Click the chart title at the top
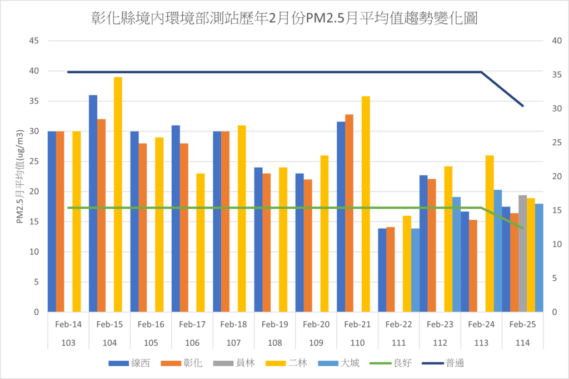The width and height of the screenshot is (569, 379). [x=284, y=19]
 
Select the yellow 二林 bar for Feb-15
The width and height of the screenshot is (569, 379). [x=118, y=194]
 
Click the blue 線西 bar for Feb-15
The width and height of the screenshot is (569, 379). [x=93, y=203]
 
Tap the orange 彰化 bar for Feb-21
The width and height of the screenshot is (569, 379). [x=349, y=213]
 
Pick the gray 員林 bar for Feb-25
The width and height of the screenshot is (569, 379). [x=522, y=254]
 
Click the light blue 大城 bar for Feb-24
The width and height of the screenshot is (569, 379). [x=498, y=251]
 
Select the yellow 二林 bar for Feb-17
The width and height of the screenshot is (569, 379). [x=201, y=242]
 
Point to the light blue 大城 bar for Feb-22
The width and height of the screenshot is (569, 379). [x=415, y=270]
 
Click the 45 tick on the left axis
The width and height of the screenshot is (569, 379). [x=34, y=41]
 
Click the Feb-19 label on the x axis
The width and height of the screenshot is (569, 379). [x=274, y=325]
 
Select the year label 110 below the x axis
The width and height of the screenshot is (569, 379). [x=357, y=343]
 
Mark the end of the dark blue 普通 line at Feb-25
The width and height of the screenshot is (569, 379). [x=522, y=105]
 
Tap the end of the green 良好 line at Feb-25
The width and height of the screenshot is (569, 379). [x=522, y=228]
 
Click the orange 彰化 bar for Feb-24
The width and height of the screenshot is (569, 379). [x=473, y=266]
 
